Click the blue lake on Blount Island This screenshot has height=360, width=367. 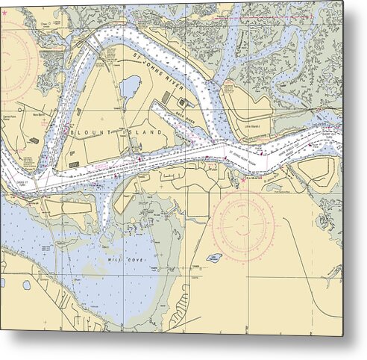pos(131,87)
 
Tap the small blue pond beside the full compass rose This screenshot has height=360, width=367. pos(214,258)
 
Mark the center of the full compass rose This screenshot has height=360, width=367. pos(244,224)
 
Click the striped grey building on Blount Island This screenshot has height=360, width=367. pos(182,102)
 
